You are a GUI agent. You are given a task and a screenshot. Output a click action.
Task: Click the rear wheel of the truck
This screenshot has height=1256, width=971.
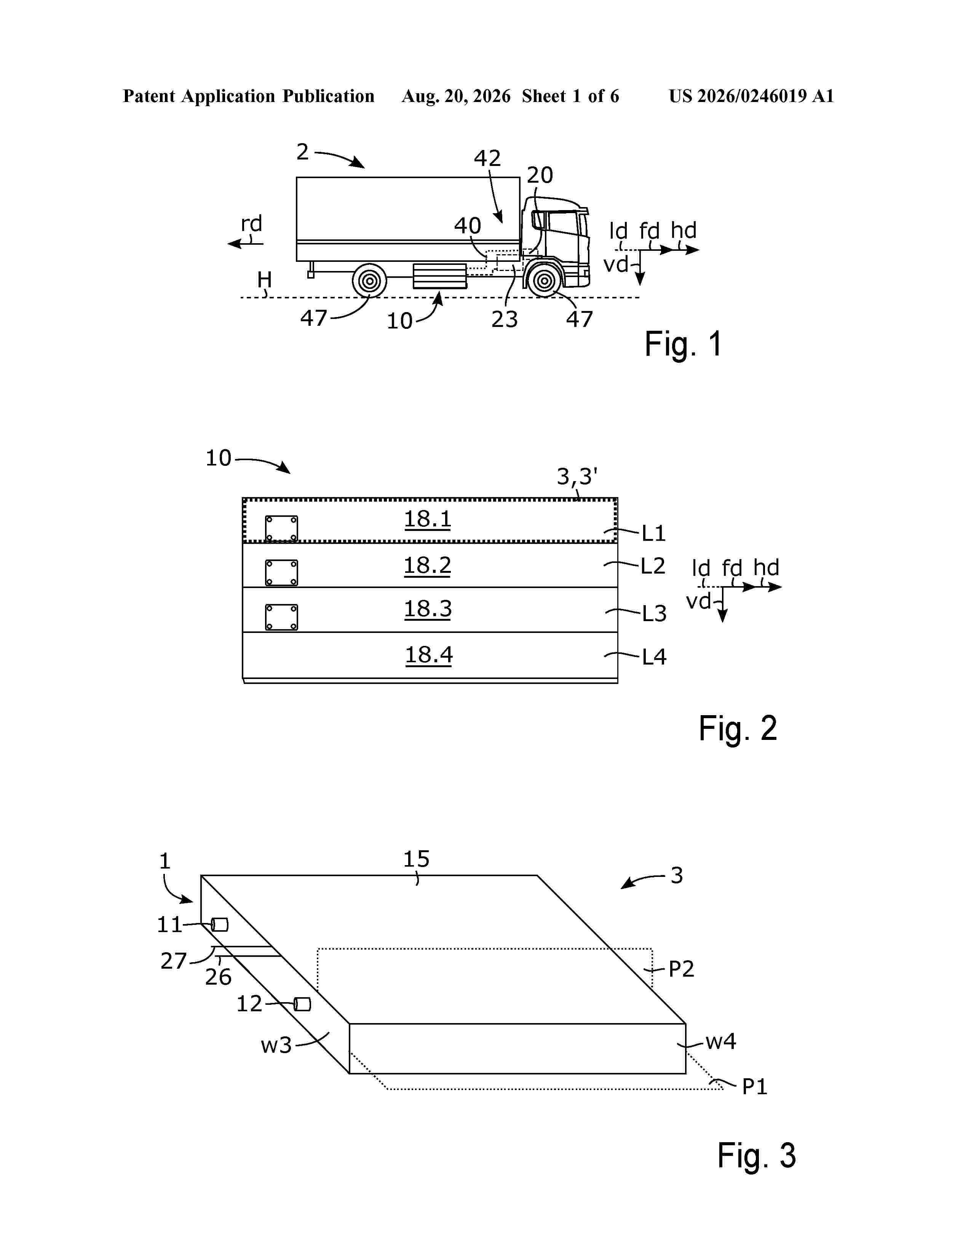pyautogui.click(x=369, y=281)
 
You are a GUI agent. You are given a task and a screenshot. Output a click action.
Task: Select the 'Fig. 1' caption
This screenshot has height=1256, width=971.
pyautogui.click(x=684, y=344)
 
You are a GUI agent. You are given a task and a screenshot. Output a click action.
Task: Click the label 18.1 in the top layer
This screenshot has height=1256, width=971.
pyautogui.click(x=427, y=519)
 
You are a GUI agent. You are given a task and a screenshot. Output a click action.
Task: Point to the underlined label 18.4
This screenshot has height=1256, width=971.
pyautogui.click(x=428, y=655)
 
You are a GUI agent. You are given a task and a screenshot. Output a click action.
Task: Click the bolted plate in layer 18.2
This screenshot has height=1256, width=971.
pyautogui.click(x=281, y=573)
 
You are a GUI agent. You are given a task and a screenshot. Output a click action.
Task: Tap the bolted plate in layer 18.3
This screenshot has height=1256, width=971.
pyautogui.click(x=281, y=617)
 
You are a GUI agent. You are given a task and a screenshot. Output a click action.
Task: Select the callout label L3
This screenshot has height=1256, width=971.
pyautogui.click(x=654, y=614)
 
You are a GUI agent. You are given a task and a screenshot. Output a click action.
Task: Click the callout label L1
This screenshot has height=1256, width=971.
pyautogui.click(x=654, y=534)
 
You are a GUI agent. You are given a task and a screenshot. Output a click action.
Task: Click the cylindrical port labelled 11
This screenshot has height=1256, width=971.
pyautogui.click(x=219, y=925)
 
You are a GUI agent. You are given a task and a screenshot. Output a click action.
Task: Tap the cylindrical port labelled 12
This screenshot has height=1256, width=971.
pyautogui.click(x=302, y=1004)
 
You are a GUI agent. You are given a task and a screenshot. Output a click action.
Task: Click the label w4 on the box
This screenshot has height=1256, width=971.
pyautogui.click(x=721, y=1041)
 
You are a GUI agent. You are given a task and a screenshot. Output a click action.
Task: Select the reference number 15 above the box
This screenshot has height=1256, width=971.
pyautogui.click(x=416, y=859)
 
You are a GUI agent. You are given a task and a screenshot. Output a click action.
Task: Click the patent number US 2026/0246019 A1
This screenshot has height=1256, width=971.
pyautogui.click(x=751, y=96)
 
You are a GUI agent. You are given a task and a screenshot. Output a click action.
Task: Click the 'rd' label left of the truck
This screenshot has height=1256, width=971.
pyautogui.click(x=251, y=223)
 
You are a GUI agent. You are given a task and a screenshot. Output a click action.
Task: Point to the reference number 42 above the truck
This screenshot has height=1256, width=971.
pyautogui.click(x=487, y=158)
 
